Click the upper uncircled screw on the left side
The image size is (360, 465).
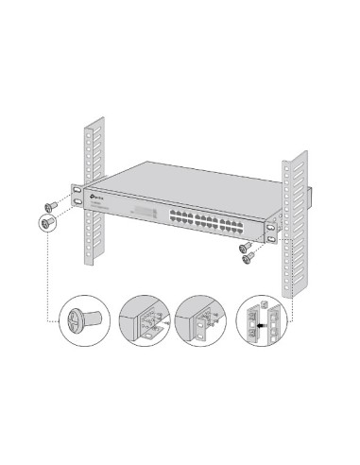[51, 203]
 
